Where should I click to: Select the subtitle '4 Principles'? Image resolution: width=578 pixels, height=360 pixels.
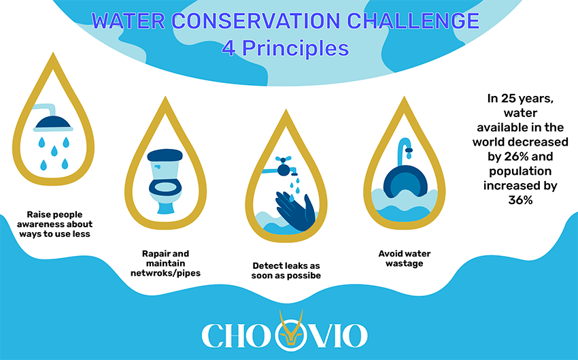tap(286, 48)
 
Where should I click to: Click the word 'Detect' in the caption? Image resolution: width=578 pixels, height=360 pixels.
tap(269, 264)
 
